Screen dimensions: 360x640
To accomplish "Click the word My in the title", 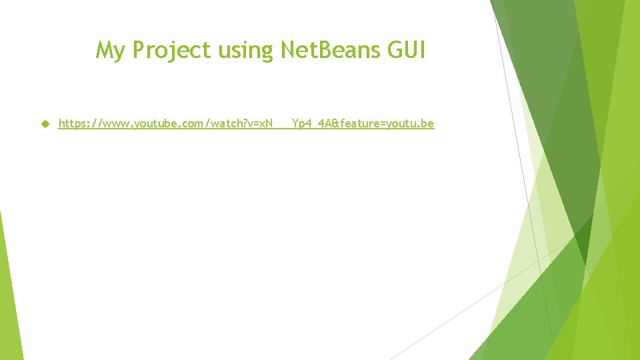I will tap(110, 50).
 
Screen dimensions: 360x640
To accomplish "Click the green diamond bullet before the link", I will tap(45, 123).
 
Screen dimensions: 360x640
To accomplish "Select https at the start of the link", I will tap(72, 123).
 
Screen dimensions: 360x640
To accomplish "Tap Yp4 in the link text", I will tap(302, 123).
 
